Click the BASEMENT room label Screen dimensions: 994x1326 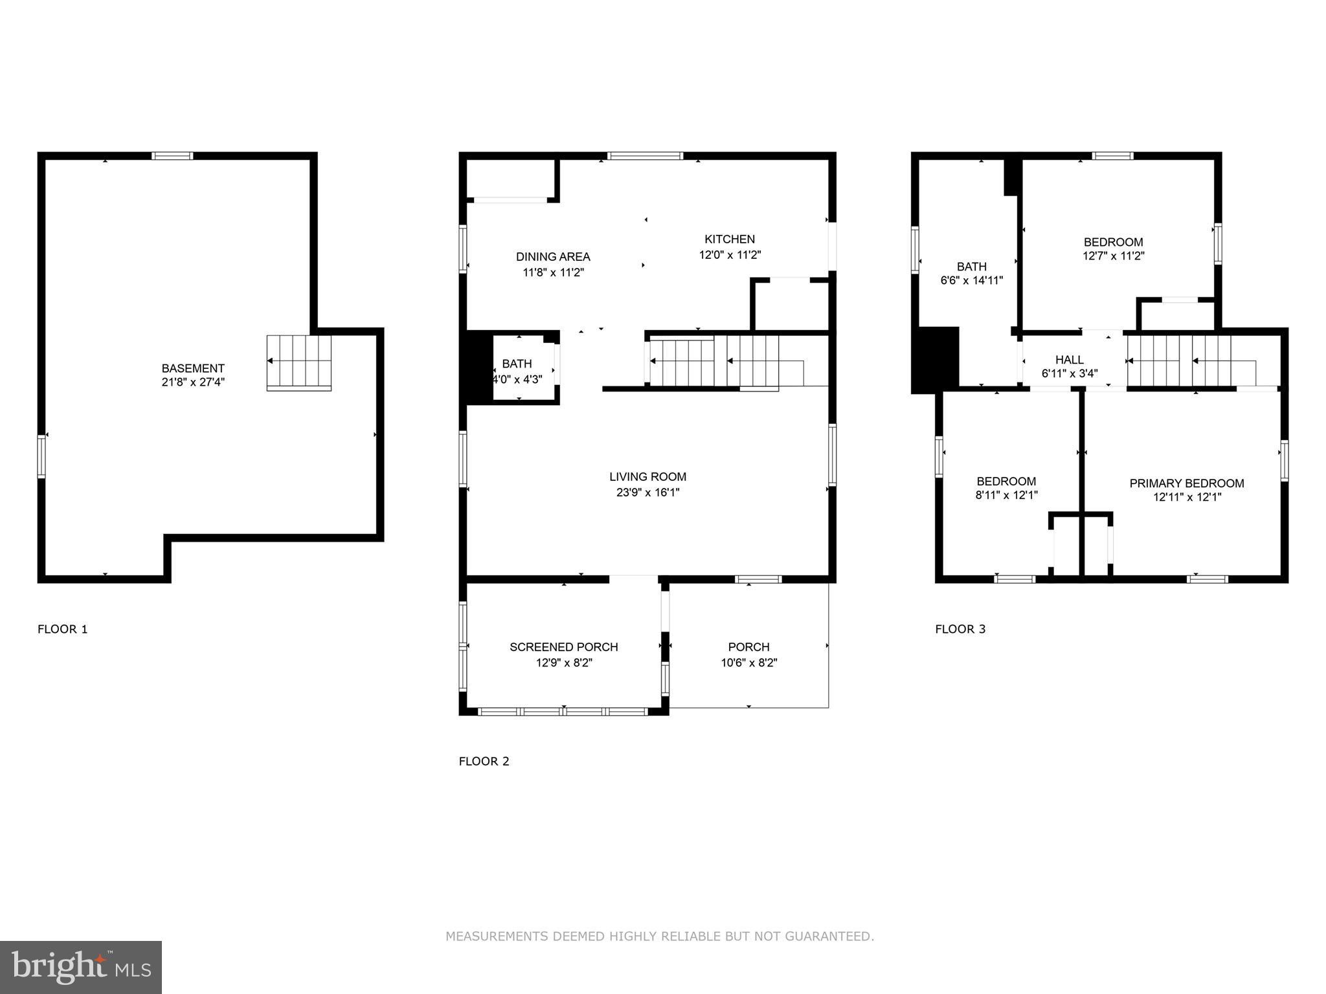[193, 368]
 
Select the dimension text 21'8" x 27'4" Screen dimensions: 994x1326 [193, 382]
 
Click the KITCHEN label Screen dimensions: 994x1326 [730, 239]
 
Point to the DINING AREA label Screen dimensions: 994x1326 [553, 257]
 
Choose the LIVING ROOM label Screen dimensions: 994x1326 [647, 477]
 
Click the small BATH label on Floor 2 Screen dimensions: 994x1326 [517, 364]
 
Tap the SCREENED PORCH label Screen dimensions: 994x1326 [563, 647]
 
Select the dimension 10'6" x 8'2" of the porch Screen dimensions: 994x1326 [748, 663]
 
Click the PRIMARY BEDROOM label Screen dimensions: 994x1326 [1186, 483]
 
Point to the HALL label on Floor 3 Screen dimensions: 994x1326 [1069, 360]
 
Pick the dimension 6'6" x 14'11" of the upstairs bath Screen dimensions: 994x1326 [971, 281]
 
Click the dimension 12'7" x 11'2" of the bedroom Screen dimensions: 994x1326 [1113, 256]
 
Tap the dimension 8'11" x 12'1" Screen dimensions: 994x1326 [1006, 496]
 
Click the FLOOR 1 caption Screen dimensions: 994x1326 [62, 629]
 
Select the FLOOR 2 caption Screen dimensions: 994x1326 [484, 761]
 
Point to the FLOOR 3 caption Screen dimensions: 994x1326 [960, 629]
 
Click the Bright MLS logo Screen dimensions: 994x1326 [81, 967]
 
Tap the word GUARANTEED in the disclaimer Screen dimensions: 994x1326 [829, 936]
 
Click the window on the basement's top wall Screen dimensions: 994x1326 [172, 155]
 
